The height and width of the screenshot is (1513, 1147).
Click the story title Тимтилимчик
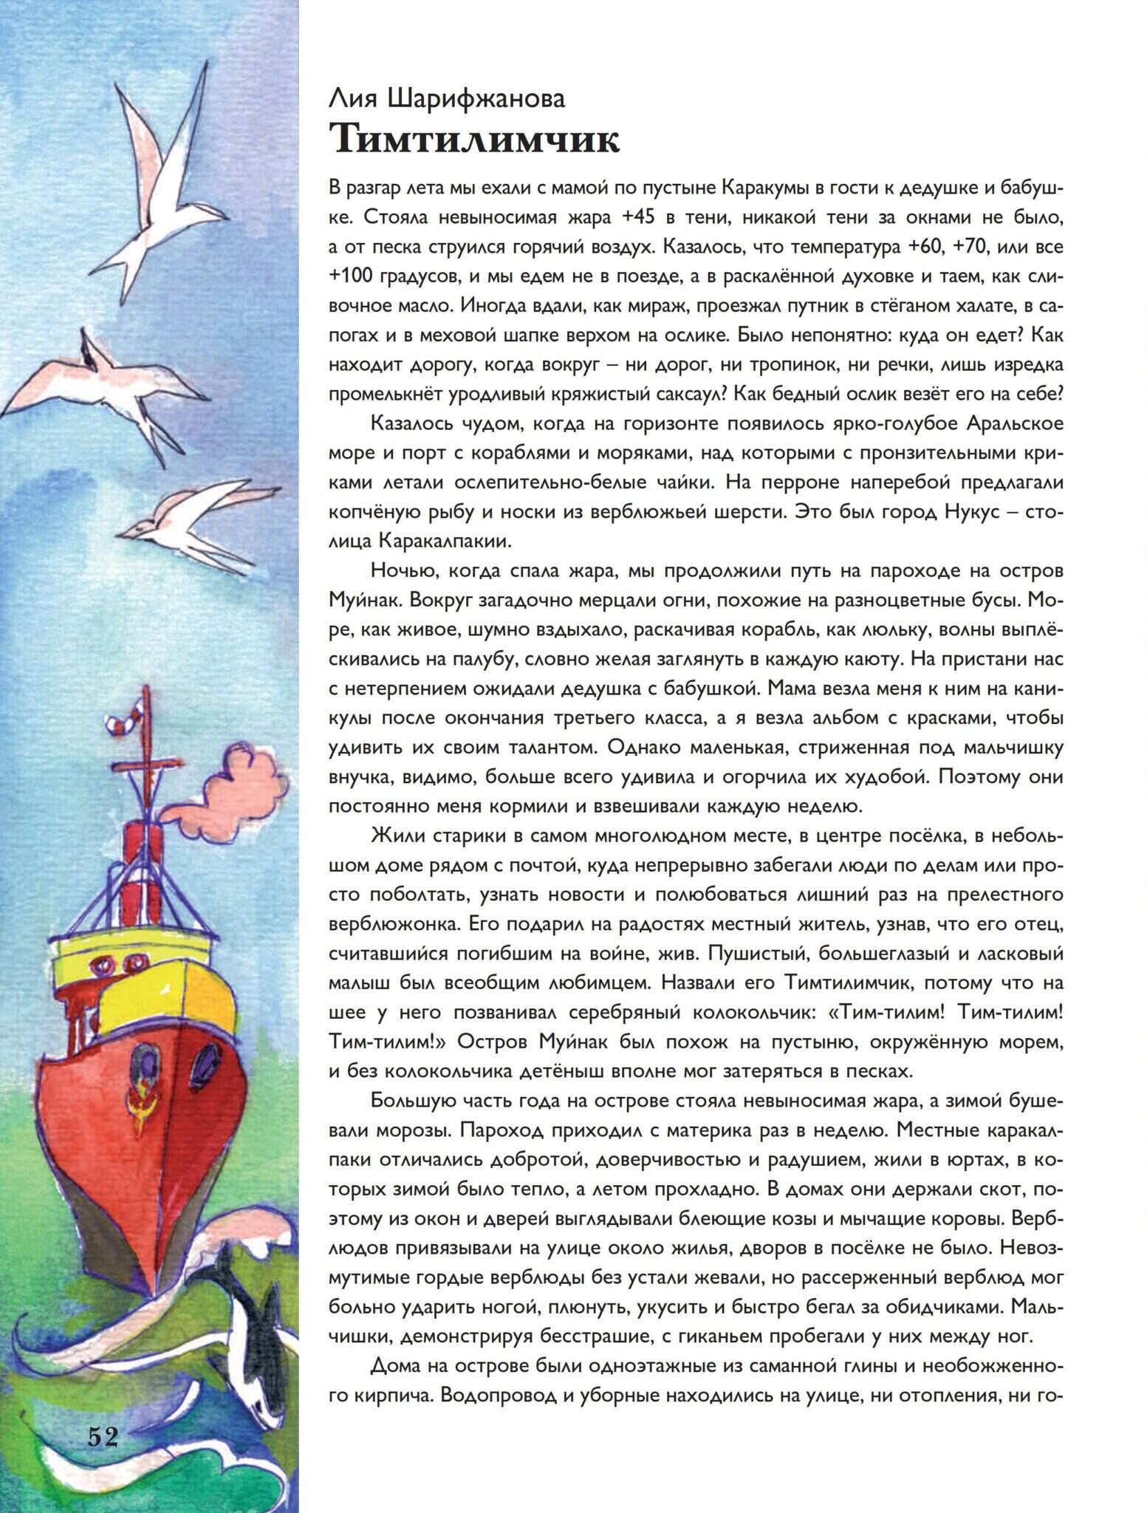[474, 139]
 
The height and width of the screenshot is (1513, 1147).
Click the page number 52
[103, 1435]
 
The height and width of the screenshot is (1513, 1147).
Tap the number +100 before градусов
[352, 276]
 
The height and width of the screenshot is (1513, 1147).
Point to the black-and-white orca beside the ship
[244, 1322]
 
